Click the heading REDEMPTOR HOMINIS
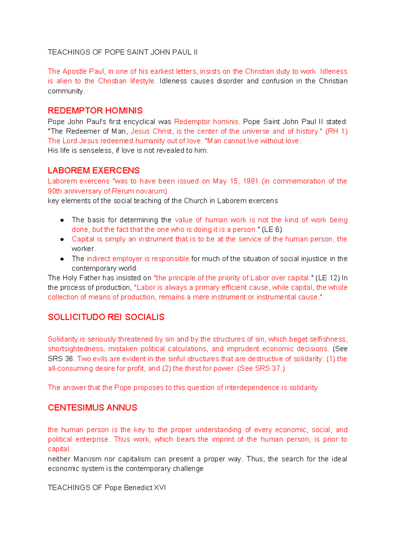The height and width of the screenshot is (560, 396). [95, 111]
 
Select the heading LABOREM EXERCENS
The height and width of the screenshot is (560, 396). [94, 170]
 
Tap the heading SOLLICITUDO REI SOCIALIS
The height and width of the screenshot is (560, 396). [106, 317]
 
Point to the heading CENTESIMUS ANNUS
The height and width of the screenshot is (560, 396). [92, 407]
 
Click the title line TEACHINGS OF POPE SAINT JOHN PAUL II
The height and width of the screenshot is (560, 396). [122, 52]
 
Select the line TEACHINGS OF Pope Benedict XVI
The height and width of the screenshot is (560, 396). [107, 488]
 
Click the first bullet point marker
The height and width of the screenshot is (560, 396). [62, 220]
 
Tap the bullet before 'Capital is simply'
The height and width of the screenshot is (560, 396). [62, 239]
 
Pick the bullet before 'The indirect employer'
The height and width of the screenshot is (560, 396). [62, 259]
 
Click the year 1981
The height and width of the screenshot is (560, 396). [250, 181]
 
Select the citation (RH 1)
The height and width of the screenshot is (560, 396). [336, 131]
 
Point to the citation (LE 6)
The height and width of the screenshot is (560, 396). [272, 229]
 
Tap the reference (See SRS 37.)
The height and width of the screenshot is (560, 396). [261, 368]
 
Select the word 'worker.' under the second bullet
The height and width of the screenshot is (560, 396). [83, 249]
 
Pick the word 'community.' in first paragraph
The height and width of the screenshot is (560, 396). [66, 91]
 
